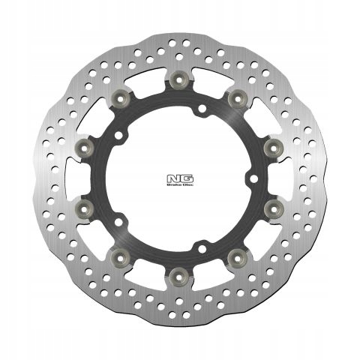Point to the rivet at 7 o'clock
121,253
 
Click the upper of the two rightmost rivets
271,143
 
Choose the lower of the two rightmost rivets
271,205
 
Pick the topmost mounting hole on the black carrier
199,113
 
